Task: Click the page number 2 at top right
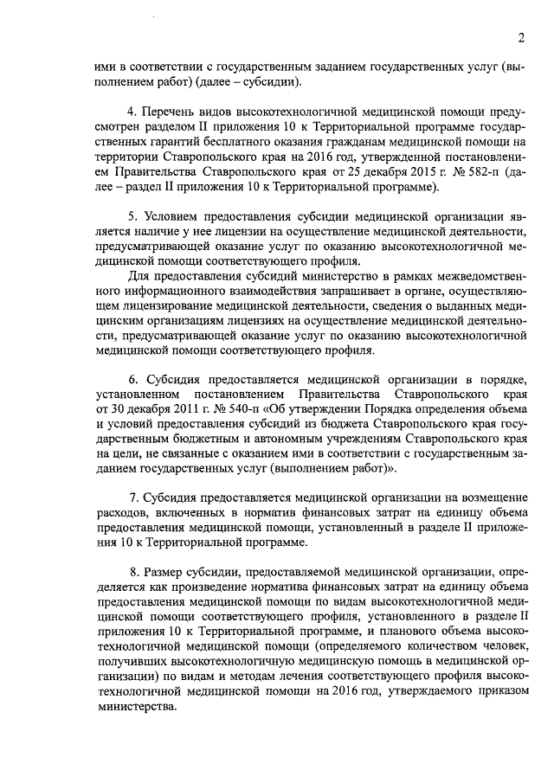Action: click(x=522, y=36)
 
